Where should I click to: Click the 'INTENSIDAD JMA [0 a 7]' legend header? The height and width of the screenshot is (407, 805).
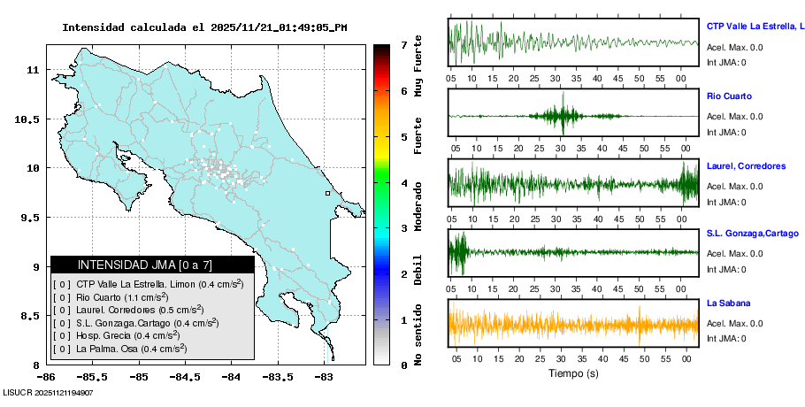(152, 265)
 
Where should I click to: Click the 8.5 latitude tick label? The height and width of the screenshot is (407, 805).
(31, 316)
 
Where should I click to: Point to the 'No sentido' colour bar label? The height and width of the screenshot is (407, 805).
(418, 334)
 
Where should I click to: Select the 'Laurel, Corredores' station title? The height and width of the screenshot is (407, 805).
(746, 165)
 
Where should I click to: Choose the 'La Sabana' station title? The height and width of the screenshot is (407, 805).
(728, 303)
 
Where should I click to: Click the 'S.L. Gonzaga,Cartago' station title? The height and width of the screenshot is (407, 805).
(751, 234)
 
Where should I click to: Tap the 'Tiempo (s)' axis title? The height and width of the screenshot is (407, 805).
(573, 372)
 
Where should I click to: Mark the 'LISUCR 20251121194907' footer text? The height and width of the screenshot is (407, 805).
(50, 392)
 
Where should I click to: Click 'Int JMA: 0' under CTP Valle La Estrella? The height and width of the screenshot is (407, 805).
(726, 62)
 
